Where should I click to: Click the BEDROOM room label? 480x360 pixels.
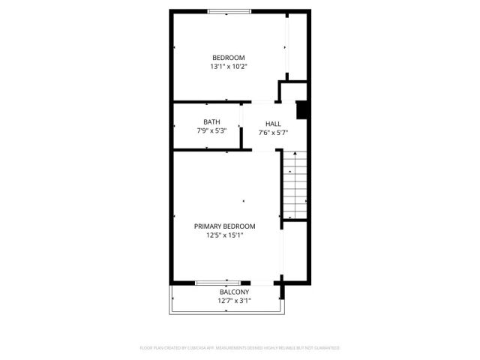coord(228,58)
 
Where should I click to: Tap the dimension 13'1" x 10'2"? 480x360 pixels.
coord(228,67)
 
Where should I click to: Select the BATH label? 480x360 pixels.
coord(211,121)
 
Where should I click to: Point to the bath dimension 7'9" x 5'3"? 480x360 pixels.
coord(211,130)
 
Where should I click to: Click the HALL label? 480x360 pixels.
coord(273,124)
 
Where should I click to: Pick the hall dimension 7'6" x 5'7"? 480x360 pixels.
coord(273,133)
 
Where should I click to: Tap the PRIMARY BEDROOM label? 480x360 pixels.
coord(225,226)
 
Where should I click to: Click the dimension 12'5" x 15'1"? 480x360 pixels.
coord(225,235)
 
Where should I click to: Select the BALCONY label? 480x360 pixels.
coord(234,292)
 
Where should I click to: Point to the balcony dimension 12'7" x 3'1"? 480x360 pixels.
coord(234,301)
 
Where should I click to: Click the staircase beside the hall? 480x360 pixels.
coord(295,184)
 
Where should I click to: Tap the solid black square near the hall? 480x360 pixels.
coord(302,110)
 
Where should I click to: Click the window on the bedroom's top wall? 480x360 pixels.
coord(229,11)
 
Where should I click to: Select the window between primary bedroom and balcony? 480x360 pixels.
coord(217,283)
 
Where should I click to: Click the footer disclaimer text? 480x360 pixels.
coord(240,348)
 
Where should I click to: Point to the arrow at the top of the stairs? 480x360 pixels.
coord(295,155)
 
